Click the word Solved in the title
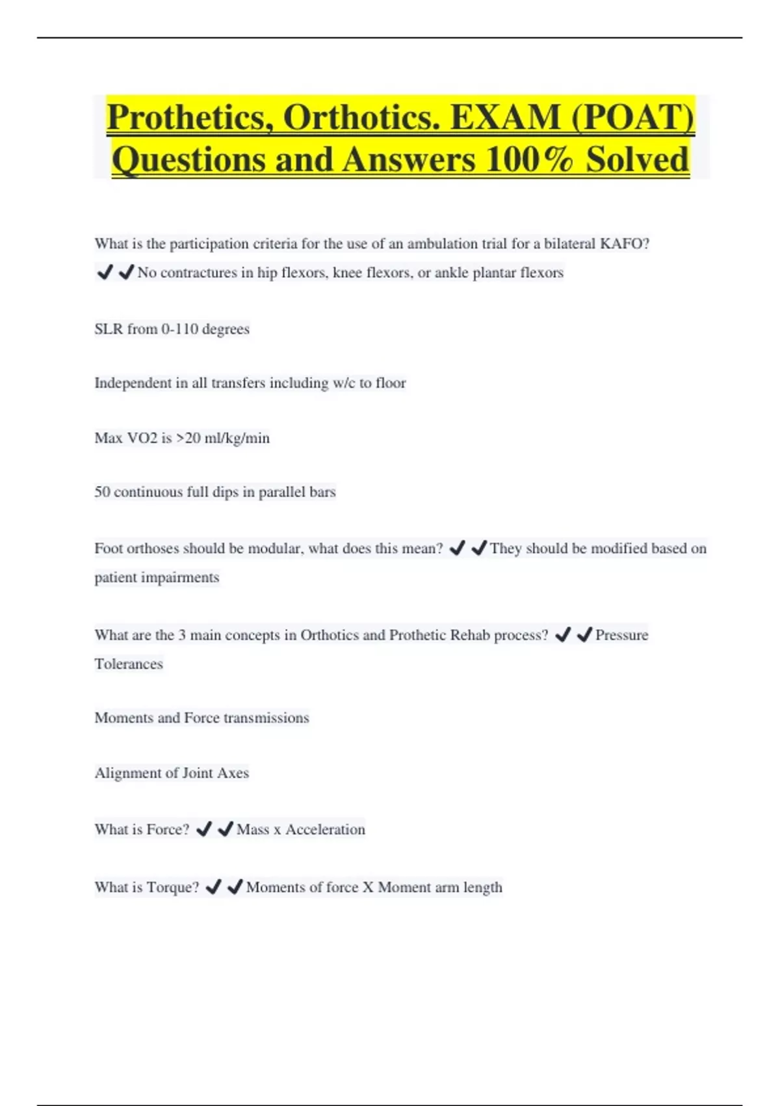coord(636,160)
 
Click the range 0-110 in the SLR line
coord(179,329)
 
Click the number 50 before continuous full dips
coord(102,492)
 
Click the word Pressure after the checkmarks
coord(621,635)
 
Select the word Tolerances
coord(129,664)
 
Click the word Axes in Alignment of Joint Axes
coord(233,773)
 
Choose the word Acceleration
coord(325,829)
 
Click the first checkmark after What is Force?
coord(203,829)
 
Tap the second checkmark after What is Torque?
coord(235,887)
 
